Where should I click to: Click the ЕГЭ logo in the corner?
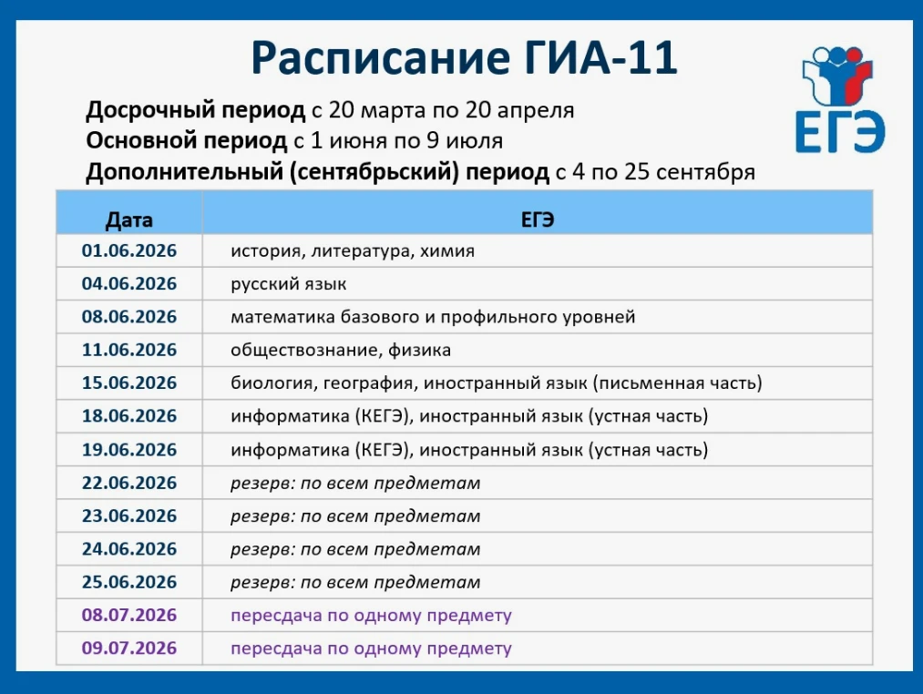pos(840,99)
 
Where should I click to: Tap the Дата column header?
pos(128,219)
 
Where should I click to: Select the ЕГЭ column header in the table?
pos(538,219)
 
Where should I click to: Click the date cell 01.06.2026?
pos(128,250)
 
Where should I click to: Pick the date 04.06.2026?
pos(128,284)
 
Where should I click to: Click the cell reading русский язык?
pos(289,284)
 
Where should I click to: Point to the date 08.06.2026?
pos(128,317)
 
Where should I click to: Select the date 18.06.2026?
pos(128,415)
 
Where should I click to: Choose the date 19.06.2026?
pos(128,449)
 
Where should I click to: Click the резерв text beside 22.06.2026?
pos(355,484)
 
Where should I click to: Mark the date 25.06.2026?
pos(128,582)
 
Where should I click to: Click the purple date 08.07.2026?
pos(128,615)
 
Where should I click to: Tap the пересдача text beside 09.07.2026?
pos(371,648)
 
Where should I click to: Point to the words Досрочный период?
pos(195,111)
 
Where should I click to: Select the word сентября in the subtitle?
pos(705,172)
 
